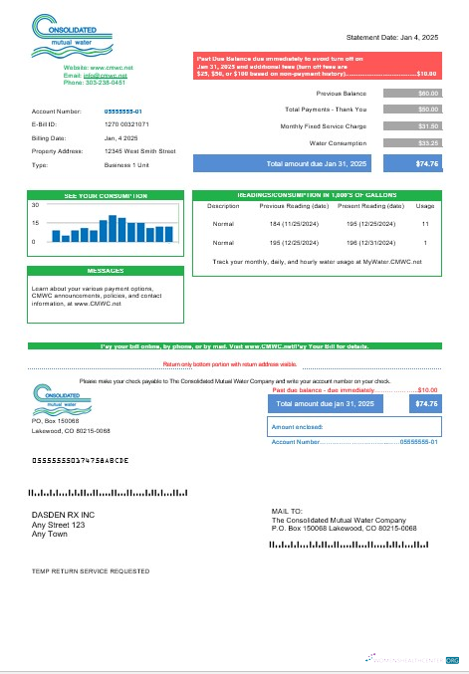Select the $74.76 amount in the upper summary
[x=426, y=163]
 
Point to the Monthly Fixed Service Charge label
[x=324, y=126]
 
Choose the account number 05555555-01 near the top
[x=123, y=112]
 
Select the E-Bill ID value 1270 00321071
[x=126, y=124]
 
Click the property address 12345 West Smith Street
[x=139, y=151]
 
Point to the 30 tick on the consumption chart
[x=35, y=204]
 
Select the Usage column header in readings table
[x=424, y=206]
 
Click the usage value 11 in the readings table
[x=424, y=224]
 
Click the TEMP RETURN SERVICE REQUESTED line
[x=91, y=571]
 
